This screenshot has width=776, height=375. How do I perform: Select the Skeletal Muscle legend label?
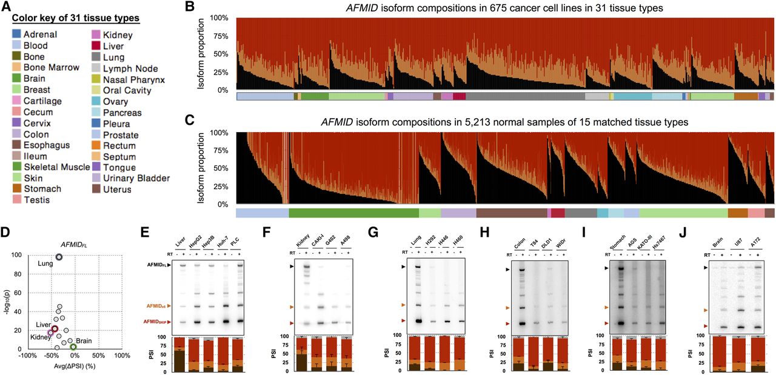point(53,167)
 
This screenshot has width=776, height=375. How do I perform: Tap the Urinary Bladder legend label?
point(137,178)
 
